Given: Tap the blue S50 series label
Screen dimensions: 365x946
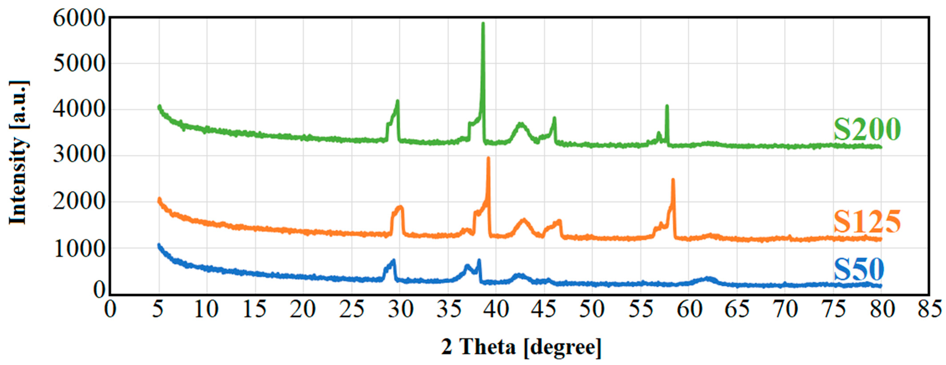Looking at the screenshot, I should [859, 270].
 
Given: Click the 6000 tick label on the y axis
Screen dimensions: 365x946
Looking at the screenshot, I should [79, 18].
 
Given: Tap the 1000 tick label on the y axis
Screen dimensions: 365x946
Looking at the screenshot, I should [79, 248].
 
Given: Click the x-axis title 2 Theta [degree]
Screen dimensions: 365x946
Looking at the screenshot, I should [521, 347].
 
